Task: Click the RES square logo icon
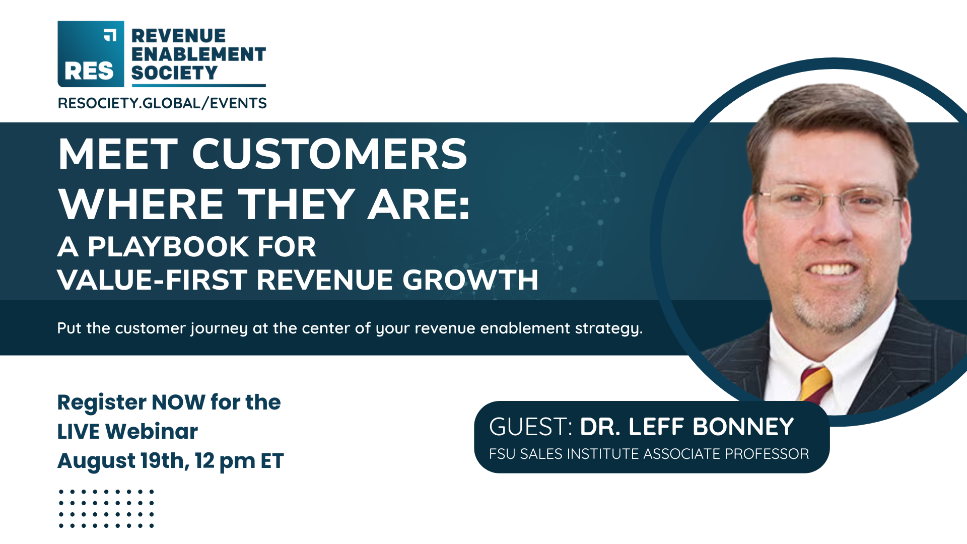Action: pos(91,54)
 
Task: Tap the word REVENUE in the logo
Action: pos(179,36)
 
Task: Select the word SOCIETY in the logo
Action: pos(174,73)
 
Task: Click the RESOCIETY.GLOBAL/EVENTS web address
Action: pos(162,103)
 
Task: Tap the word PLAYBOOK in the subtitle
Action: pos(168,247)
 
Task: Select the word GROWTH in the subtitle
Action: pos(470,280)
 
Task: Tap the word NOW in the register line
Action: pos(178,402)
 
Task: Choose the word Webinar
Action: pos(152,432)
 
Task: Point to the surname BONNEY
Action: pos(743,427)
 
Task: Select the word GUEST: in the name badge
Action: pos(531,427)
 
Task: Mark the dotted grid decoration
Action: pos(106,508)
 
